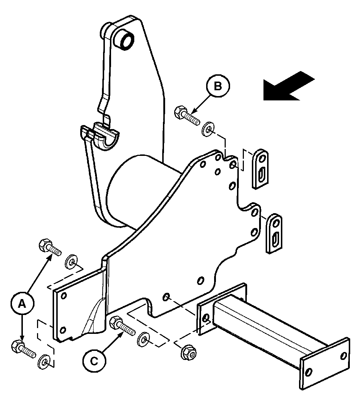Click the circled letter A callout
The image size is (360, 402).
(x=22, y=303)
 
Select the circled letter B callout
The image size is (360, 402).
(x=218, y=86)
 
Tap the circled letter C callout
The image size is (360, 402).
(x=94, y=361)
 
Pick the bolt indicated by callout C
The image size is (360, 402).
(x=122, y=326)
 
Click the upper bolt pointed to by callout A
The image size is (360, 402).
(x=50, y=247)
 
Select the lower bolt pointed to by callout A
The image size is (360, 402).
(x=23, y=349)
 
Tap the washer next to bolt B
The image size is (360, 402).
(x=208, y=130)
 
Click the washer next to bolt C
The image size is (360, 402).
(x=144, y=340)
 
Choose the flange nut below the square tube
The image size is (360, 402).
(x=189, y=353)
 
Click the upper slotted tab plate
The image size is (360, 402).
(x=260, y=169)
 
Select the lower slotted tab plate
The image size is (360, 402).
(x=274, y=233)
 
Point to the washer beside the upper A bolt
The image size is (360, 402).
(x=71, y=261)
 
